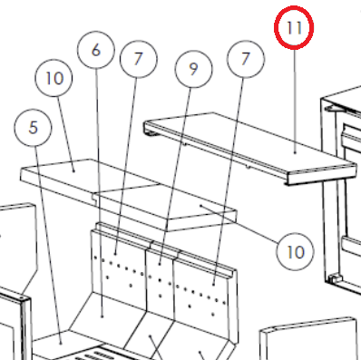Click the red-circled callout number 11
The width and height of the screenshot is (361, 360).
click(294, 27)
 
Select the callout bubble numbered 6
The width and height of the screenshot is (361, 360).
click(96, 50)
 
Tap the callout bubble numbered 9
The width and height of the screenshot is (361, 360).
click(193, 69)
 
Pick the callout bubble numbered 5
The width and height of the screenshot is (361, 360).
click(33, 128)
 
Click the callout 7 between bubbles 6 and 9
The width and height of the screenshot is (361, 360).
click(139, 59)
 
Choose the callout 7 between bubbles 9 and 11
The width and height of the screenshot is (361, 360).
click(246, 59)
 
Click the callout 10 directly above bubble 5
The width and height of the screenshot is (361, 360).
click(54, 78)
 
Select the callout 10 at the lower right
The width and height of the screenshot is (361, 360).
click(295, 251)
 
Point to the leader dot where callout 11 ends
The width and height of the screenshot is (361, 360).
click(295, 153)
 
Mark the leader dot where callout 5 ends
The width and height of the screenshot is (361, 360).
click(61, 343)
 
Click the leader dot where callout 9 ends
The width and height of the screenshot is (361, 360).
click(160, 264)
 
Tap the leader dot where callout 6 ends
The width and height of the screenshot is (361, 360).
click(102, 316)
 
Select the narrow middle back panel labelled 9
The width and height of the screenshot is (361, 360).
click(160, 281)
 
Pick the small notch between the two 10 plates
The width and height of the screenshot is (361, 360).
click(95, 197)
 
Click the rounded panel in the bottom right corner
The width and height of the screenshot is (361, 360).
click(310, 338)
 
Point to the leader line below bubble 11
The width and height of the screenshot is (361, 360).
click(295, 101)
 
